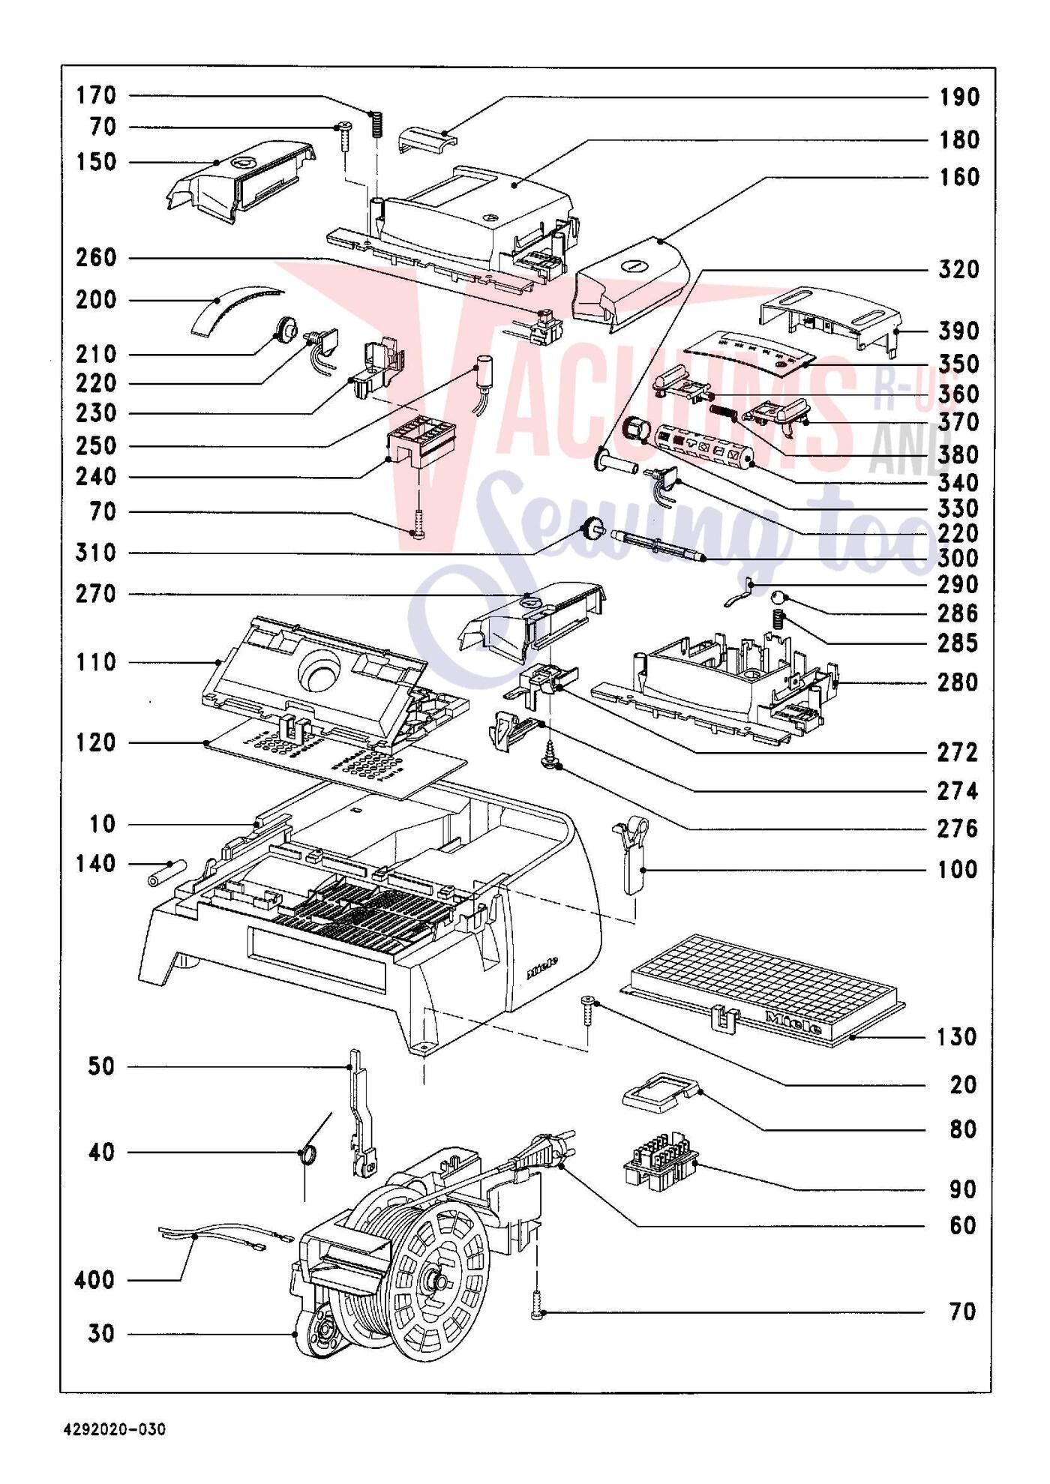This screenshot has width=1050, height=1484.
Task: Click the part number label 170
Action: pyautogui.click(x=96, y=96)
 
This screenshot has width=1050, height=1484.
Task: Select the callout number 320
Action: pyautogui.click(x=958, y=270)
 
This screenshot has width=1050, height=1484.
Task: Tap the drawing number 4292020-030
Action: pyautogui.click(x=114, y=1429)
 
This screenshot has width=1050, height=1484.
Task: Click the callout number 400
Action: pyautogui.click(x=94, y=1280)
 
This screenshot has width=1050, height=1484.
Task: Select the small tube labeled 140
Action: pyautogui.click(x=166, y=873)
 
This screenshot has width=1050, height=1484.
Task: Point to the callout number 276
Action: pyautogui.click(x=958, y=829)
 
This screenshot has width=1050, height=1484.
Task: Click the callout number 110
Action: pyautogui.click(x=96, y=663)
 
